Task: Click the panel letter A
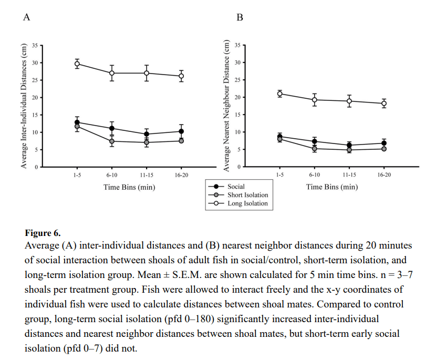point(26,17)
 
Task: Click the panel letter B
point(240,17)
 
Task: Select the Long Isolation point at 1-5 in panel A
point(77,64)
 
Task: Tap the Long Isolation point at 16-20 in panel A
point(181,76)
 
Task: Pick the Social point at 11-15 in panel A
point(147,134)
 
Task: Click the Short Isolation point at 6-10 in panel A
point(112,141)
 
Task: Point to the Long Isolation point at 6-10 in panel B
point(315,100)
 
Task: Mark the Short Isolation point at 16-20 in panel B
point(384,149)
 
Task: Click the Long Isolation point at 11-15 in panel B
point(349,101)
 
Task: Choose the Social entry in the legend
point(236,186)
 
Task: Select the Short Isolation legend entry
point(247,194)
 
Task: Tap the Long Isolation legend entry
point(246,203)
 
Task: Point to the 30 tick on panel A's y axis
point(35,63)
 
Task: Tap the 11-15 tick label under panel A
point(147,175)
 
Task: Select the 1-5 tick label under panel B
point(280,175)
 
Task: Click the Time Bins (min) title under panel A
point(129,187)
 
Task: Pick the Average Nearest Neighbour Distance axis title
point(227,105)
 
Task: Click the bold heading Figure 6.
point(43,232)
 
